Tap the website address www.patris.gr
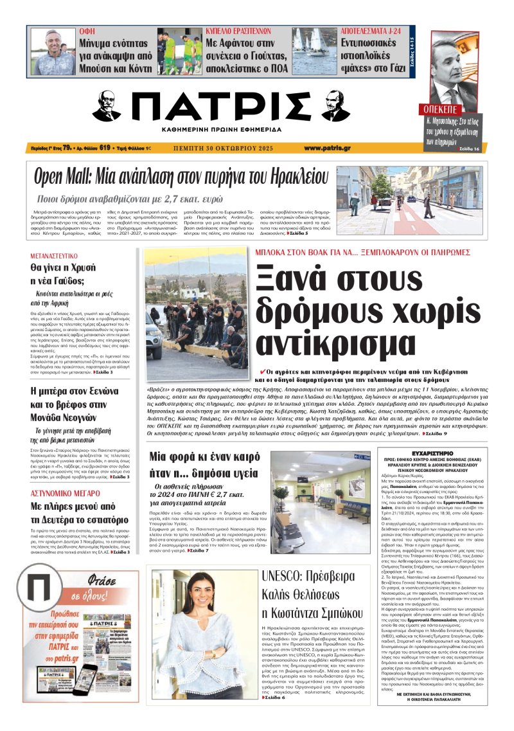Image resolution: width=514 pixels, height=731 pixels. click(327, 148)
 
